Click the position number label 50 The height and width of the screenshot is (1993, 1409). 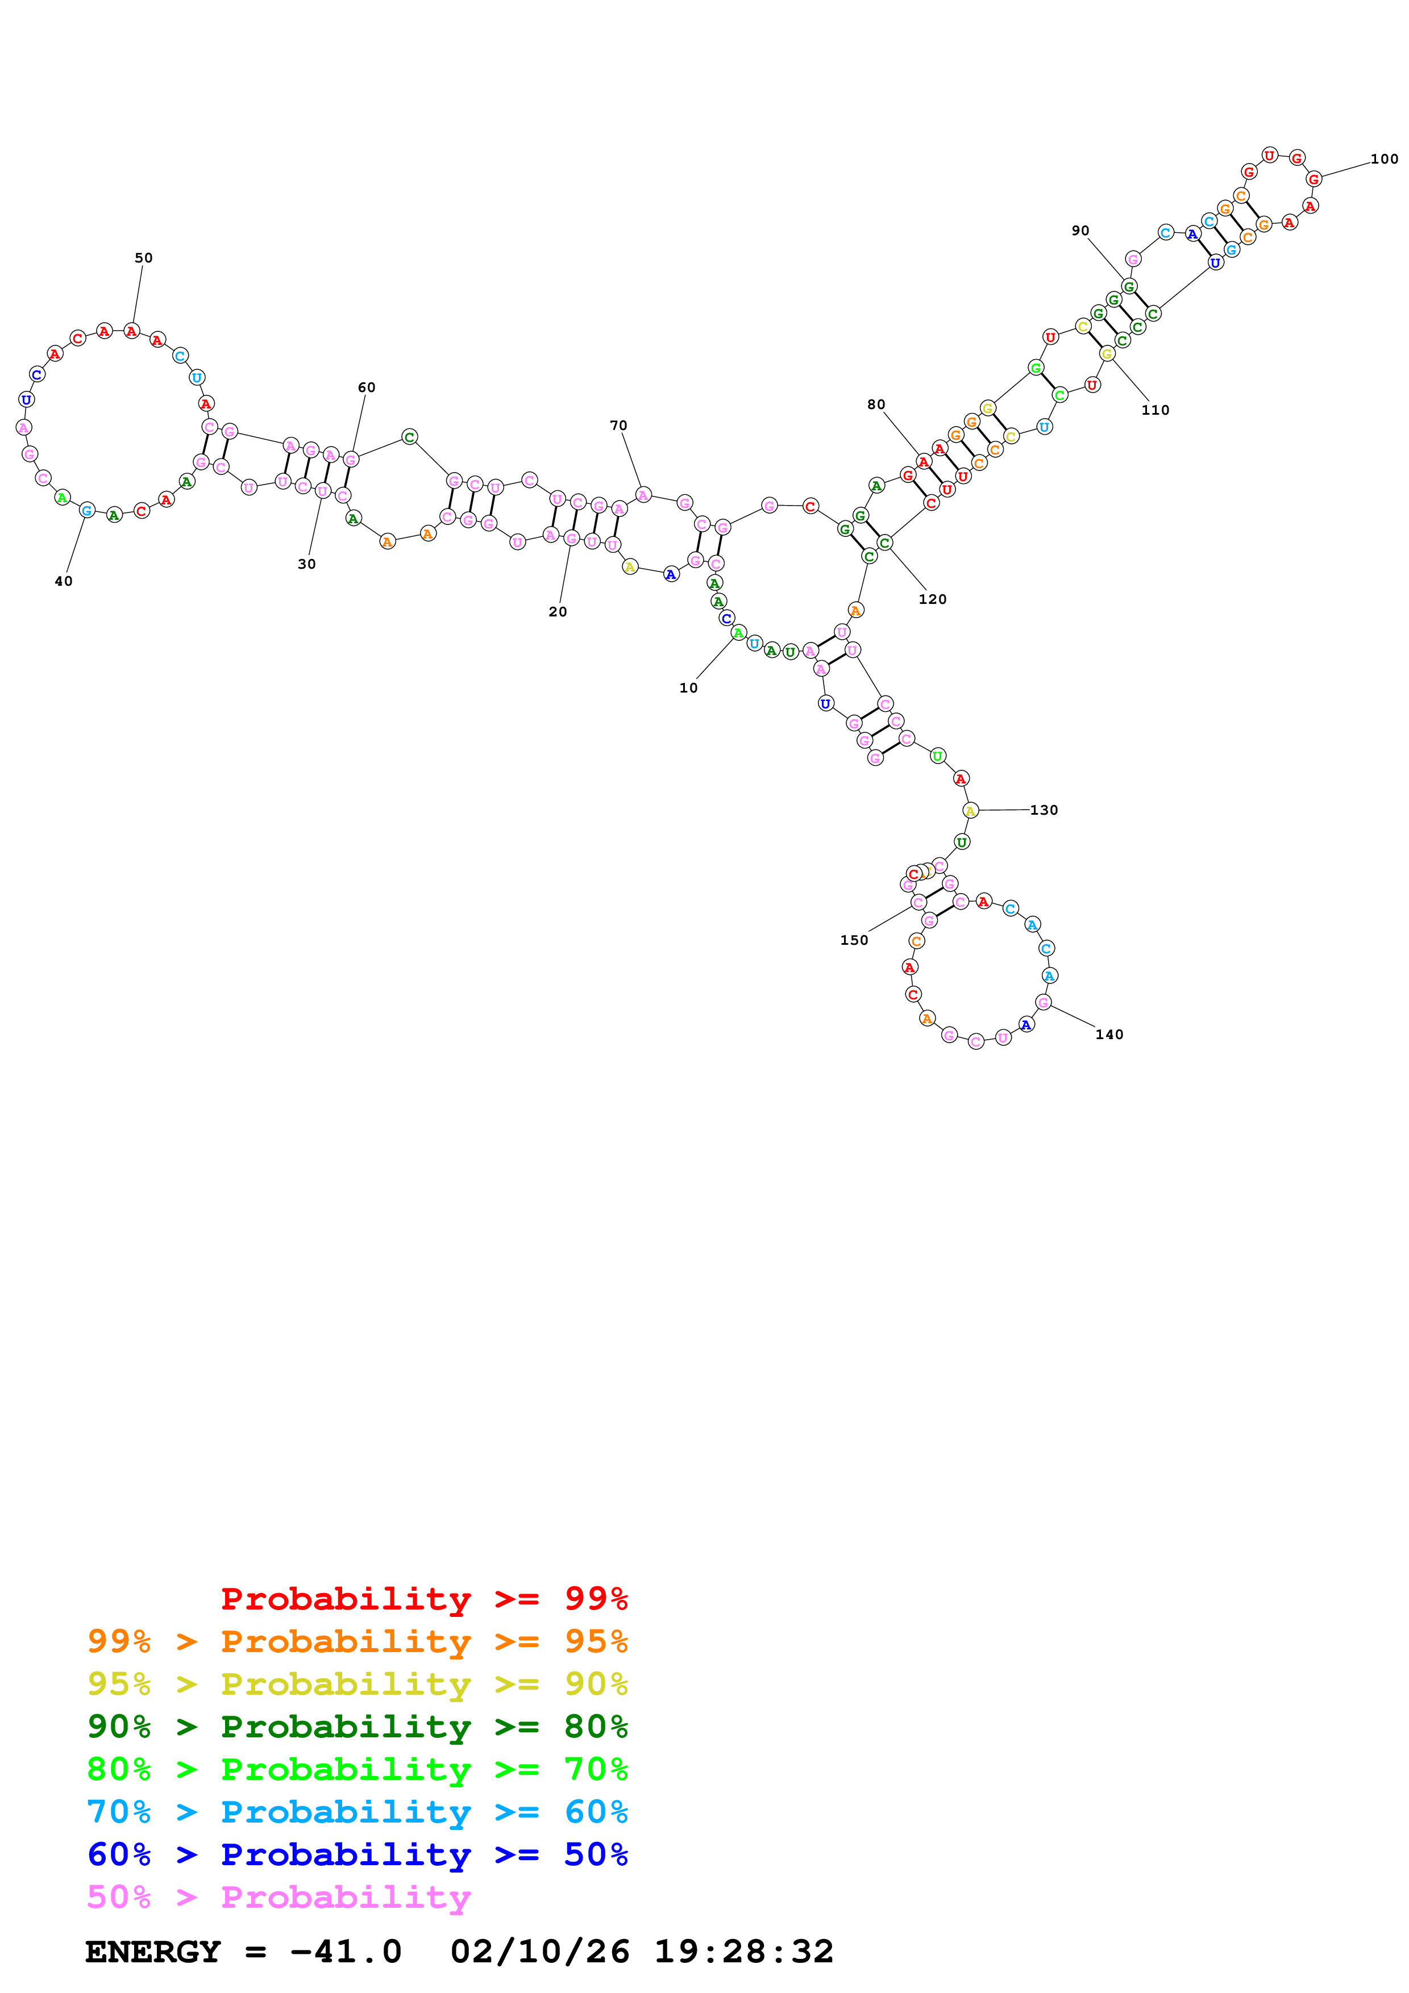pos(143,258)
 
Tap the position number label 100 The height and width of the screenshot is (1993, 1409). pos(1384,159)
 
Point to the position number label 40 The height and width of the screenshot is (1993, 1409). pos(64,581)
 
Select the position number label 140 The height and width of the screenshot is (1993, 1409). pos(1109,1034)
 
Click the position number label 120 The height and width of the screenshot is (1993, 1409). pos(932,599)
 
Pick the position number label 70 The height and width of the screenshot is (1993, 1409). pos(618,426)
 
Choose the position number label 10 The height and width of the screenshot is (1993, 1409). pos(688,687)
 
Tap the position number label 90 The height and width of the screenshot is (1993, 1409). pos(1080,230)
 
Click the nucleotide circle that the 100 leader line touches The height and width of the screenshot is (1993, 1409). pos(1314,179)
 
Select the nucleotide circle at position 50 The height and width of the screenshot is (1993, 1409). pos(131,331)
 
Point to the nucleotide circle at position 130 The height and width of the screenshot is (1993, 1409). pos(971,811)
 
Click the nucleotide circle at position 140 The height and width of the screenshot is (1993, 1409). pos(1044,1003)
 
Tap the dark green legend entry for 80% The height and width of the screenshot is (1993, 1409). pos(358,1727)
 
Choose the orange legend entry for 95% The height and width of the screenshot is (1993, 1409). pos(358,1641)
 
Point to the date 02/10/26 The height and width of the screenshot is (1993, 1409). pos(539,1952)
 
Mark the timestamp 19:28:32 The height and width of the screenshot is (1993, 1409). pos(743,1952)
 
